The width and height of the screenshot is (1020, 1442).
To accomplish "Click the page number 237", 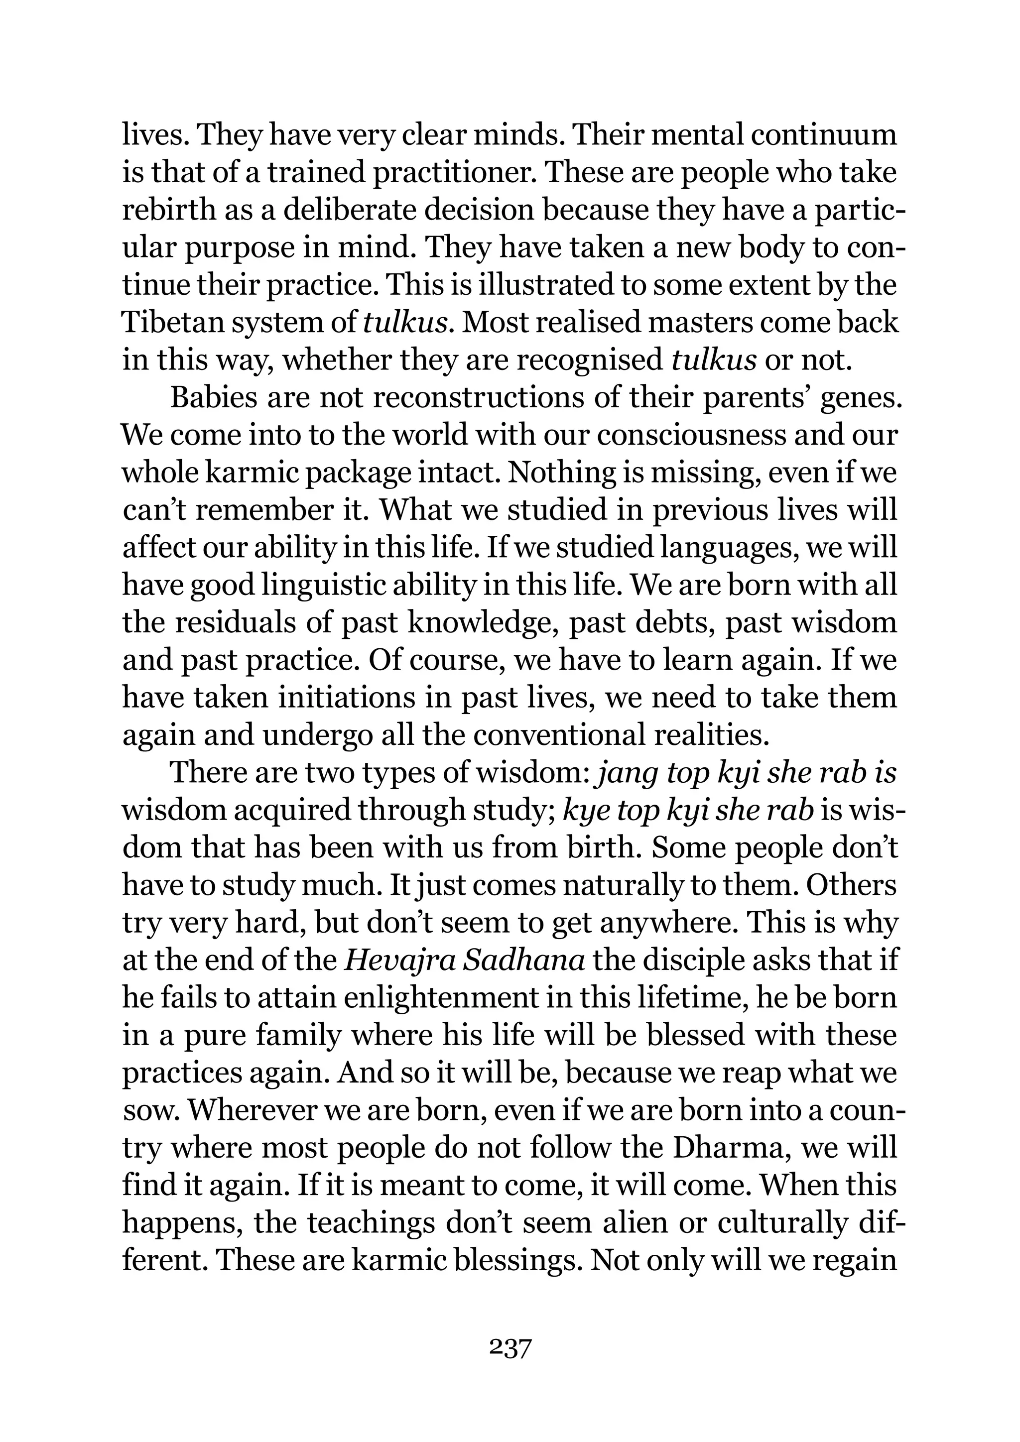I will (x=510, y=1348).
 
